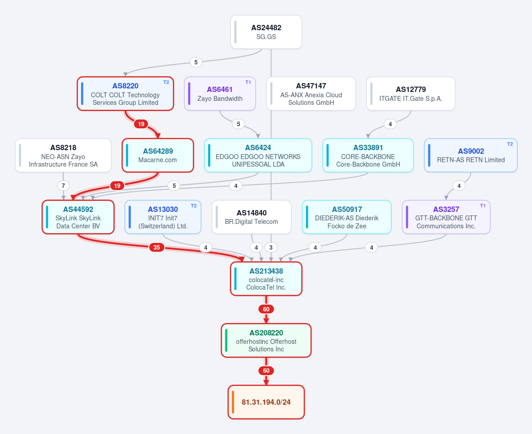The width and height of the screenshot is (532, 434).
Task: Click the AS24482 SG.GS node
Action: tap(266, 32)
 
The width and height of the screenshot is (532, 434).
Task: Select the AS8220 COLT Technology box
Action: tap(125, 94)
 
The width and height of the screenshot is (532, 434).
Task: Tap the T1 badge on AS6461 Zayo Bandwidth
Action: tap(248, 82)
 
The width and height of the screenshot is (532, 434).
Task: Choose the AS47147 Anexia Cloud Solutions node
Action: tap(311, 94)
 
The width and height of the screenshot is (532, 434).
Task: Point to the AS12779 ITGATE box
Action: tap(410, 94)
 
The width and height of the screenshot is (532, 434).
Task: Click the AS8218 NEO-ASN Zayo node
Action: tap(63, 155)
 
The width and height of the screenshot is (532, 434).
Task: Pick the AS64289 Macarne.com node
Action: tap(158, 155)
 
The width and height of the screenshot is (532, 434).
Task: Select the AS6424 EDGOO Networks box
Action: tap(258, 155)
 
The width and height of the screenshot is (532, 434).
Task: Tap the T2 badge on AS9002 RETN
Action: tap(510, 144)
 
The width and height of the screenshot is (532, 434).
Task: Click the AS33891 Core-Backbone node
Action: tap(368, 155)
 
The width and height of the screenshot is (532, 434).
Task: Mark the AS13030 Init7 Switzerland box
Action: tap(163, 217)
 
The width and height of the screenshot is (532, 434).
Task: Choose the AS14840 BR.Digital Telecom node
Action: tap(252, 217)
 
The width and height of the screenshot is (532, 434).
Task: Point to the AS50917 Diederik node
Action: tap(347, 217)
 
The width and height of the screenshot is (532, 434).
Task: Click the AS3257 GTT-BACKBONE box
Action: tap(446, 217)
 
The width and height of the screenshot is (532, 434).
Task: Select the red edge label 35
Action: tap(157, 247)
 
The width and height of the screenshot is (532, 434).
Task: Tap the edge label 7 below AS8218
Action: tap(63, 186)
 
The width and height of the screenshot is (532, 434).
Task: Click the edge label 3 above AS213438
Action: tap(271, 247)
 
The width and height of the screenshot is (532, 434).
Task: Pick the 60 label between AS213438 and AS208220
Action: tap(266, 309)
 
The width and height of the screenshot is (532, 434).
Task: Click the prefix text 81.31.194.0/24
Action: tap(266, 402)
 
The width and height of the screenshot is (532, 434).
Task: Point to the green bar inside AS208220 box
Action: tap(226, 341)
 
